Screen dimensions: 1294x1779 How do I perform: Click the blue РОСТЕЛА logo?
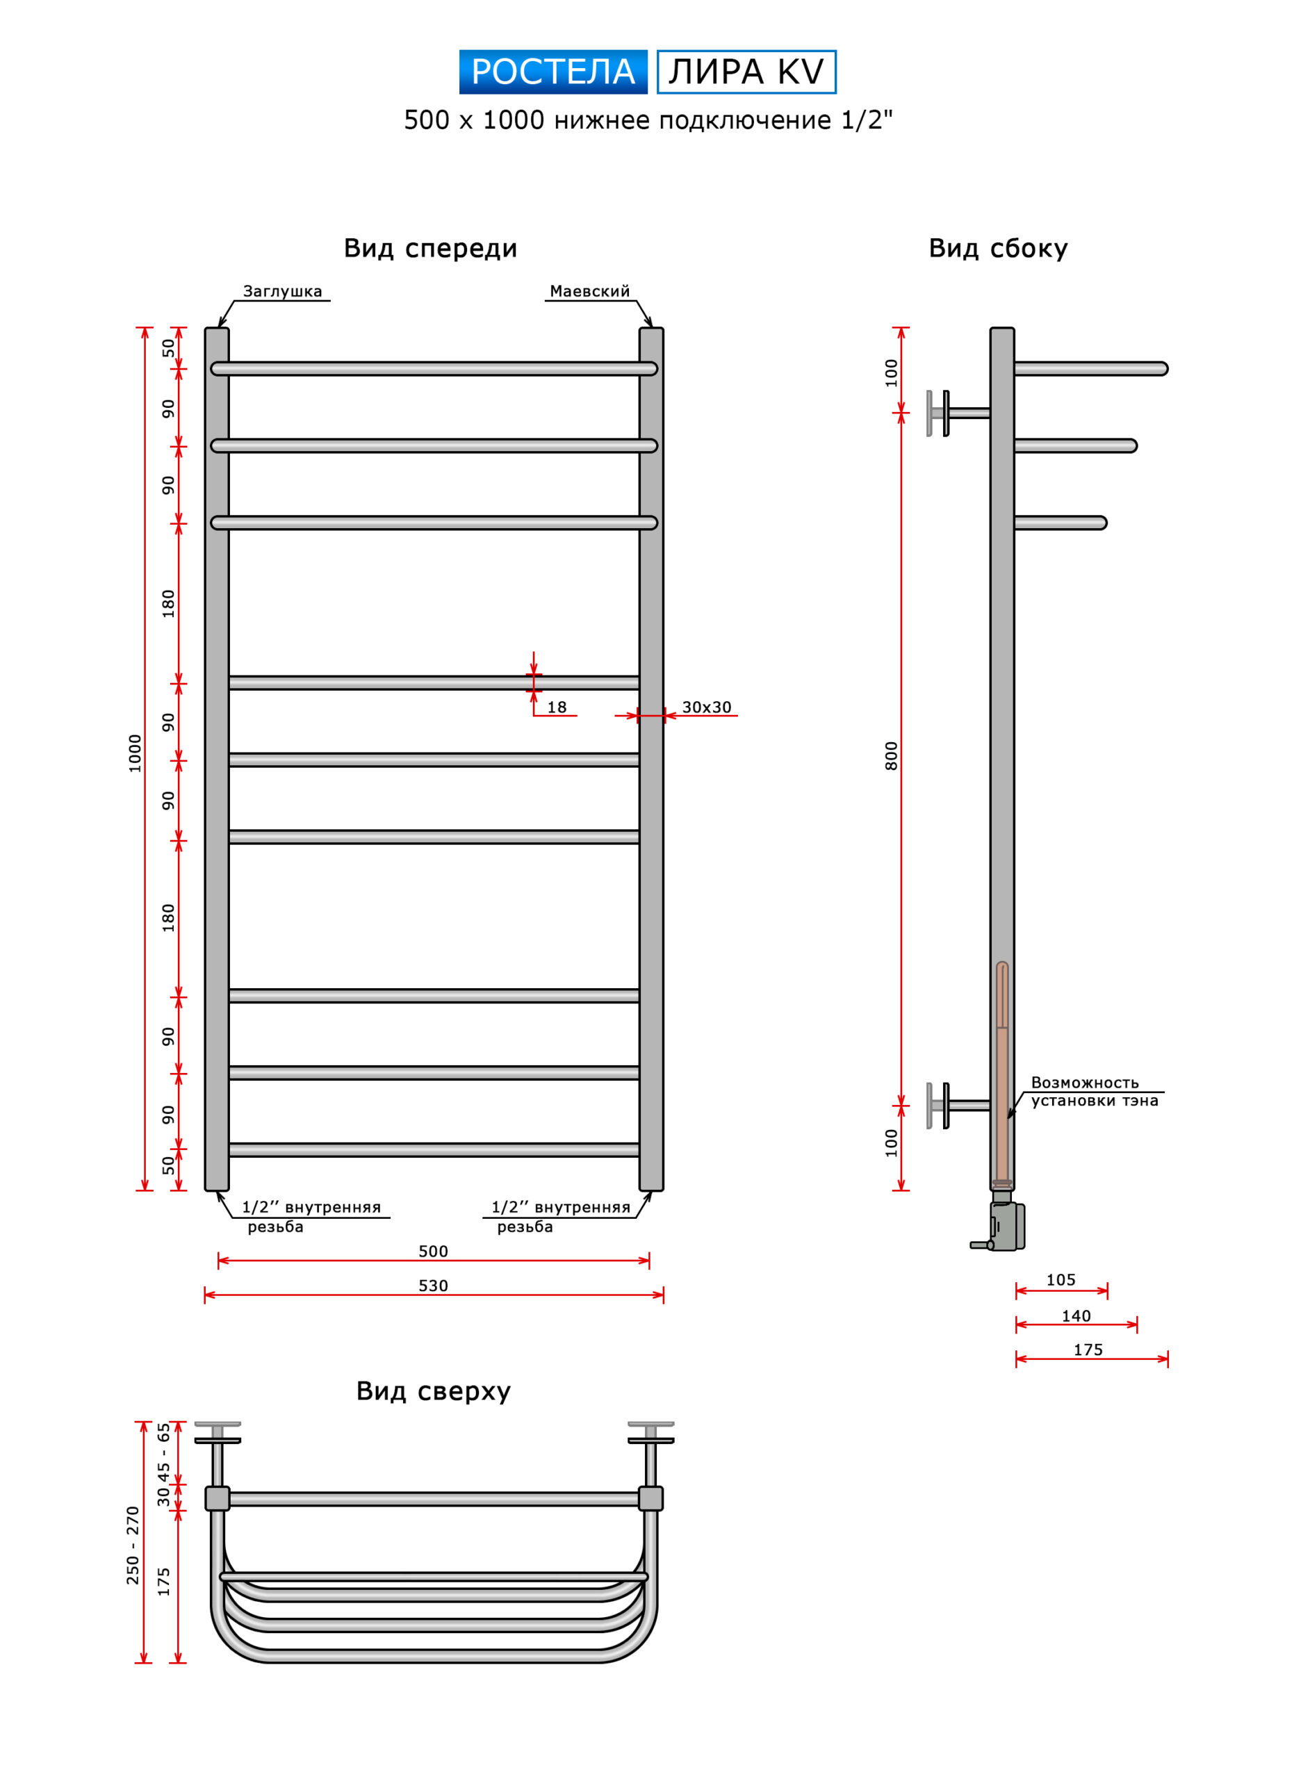click(553, 72)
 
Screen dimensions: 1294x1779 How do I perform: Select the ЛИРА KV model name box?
click(746, 72)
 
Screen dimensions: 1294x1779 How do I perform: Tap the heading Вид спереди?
click(431, 249)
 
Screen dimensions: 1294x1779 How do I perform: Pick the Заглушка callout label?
click(282, 291)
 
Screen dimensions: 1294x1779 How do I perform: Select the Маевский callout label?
click(590, 291)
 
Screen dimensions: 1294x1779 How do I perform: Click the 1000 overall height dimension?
click(135, 753)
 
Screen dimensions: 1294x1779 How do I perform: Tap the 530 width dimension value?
click(433, 1286)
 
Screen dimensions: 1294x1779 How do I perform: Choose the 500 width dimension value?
click(433, 1251)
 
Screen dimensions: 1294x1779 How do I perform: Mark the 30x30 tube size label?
click(706, 707)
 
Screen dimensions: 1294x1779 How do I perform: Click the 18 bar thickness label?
click(557, 707)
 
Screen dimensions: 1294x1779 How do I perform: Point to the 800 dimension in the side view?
click(891, 755)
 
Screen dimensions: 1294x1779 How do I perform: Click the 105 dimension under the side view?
click(1060, 1280)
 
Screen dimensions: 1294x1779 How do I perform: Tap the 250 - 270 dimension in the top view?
click(133, 1545)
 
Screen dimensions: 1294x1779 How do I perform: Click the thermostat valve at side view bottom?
click(999, 1225)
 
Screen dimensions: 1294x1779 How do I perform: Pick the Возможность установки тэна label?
click(1094, 1091)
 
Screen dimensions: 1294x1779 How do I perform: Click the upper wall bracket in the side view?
click(958, 413)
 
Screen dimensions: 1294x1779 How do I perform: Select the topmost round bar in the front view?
click(434, 369)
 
